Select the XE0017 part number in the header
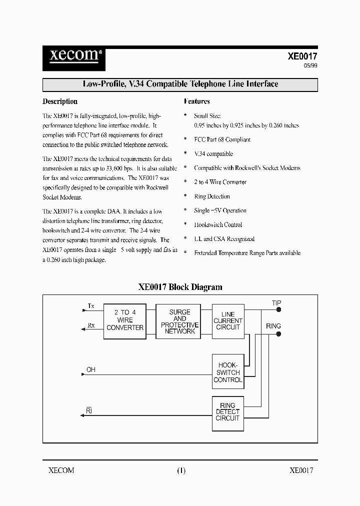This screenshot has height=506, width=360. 302,57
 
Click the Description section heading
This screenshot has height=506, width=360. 60,101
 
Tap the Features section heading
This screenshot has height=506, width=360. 196,101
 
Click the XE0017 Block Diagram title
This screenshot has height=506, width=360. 180,287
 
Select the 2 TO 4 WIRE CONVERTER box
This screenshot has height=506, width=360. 125,320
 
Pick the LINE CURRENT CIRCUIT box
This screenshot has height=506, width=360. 228,321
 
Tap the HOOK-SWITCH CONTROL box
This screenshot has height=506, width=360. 228,372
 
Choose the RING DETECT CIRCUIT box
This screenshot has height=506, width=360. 228,412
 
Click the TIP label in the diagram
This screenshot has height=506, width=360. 276,303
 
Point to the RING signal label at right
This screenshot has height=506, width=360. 273,326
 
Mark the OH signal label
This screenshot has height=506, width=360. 90,370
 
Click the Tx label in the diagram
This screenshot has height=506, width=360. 90,305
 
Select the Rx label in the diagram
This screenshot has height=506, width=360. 91,325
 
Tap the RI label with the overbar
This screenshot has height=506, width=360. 89,411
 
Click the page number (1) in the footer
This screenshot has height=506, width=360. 180,470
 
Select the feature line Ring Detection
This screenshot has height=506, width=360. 212,196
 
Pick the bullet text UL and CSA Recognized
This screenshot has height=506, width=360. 224,239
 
